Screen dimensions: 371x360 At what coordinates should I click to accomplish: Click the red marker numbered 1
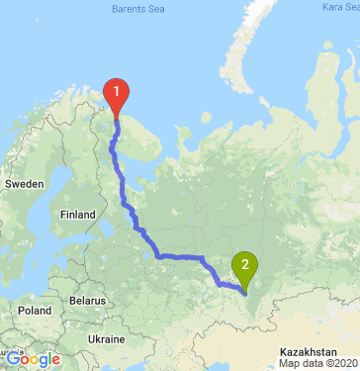(117, 96)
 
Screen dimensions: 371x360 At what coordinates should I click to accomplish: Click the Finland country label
(76, 214)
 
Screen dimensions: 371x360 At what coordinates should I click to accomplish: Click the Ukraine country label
(106, 338)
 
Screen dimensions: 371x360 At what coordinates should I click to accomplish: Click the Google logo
(33, 359)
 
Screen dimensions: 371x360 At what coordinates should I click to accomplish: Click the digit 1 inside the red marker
(117, 92)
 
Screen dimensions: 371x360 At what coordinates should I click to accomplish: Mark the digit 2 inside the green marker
(244, 263)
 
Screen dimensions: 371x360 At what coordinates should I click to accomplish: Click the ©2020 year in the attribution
(339, 363)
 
